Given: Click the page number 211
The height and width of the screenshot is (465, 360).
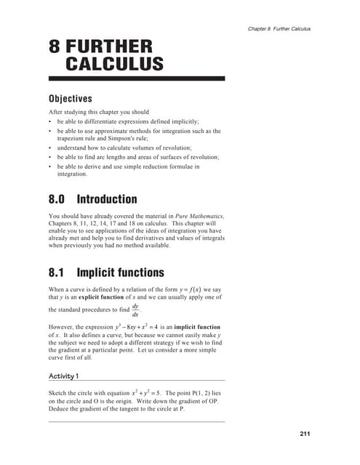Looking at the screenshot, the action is tap(305, 434).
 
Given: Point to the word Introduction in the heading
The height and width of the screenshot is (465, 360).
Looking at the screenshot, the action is tap(107, 198).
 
